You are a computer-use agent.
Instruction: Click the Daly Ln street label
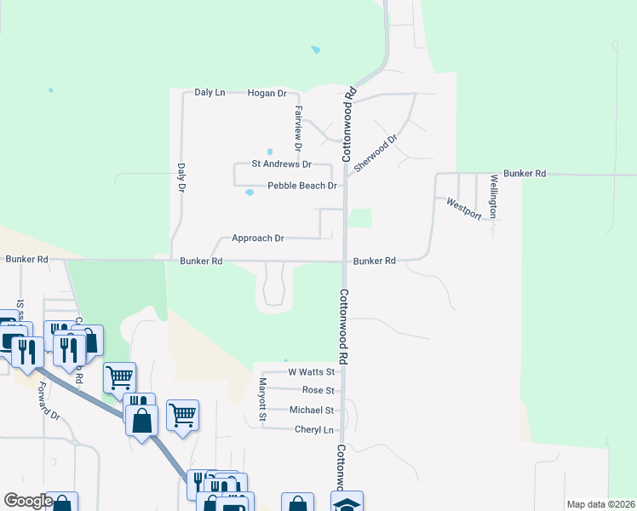[209, 92]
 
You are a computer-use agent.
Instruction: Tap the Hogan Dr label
[267, 93]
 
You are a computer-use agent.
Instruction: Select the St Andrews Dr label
[281, 164]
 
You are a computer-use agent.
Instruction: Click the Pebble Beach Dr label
[302, 186]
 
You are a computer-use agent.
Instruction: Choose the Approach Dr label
[257, 238]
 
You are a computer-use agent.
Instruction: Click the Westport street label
[464, 209]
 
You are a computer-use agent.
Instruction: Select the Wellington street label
[493, 197]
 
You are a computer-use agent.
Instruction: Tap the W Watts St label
[313, 372]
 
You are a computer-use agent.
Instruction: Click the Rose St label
[318, 390]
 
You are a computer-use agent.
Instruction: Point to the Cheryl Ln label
[313, 430]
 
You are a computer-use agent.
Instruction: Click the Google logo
[28, 501]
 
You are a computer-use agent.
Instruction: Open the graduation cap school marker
[347, 503]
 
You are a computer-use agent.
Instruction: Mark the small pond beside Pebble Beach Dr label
[250, 192]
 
